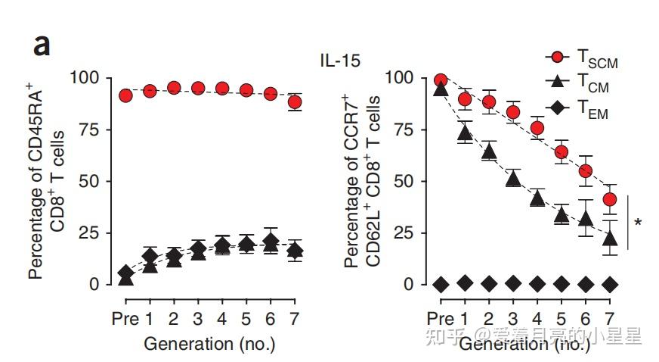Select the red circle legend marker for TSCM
tap(557, 58)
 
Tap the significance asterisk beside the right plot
tap(639, 223)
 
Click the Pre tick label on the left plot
tap(125, 318)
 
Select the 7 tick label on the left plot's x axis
tap(295, 318)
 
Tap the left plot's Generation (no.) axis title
tap(209, 343)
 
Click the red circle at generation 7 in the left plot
tap(295, 102)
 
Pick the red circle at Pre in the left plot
tap(125, 95)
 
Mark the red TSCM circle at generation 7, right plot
tap(610, 200)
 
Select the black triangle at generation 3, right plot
tap(513, 179)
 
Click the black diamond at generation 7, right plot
tap(610, 284)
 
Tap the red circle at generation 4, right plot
tap(537, 128)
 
